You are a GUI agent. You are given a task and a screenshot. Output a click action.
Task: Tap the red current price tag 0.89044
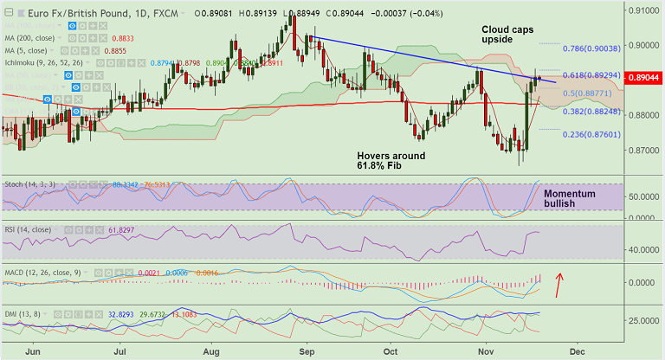coord(646,78)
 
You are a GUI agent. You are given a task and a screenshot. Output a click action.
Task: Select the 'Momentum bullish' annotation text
coord(569,200)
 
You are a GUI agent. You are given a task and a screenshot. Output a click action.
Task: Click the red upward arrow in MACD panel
coord(560,283)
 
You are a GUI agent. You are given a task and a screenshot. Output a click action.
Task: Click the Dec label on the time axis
coord(578,352)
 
